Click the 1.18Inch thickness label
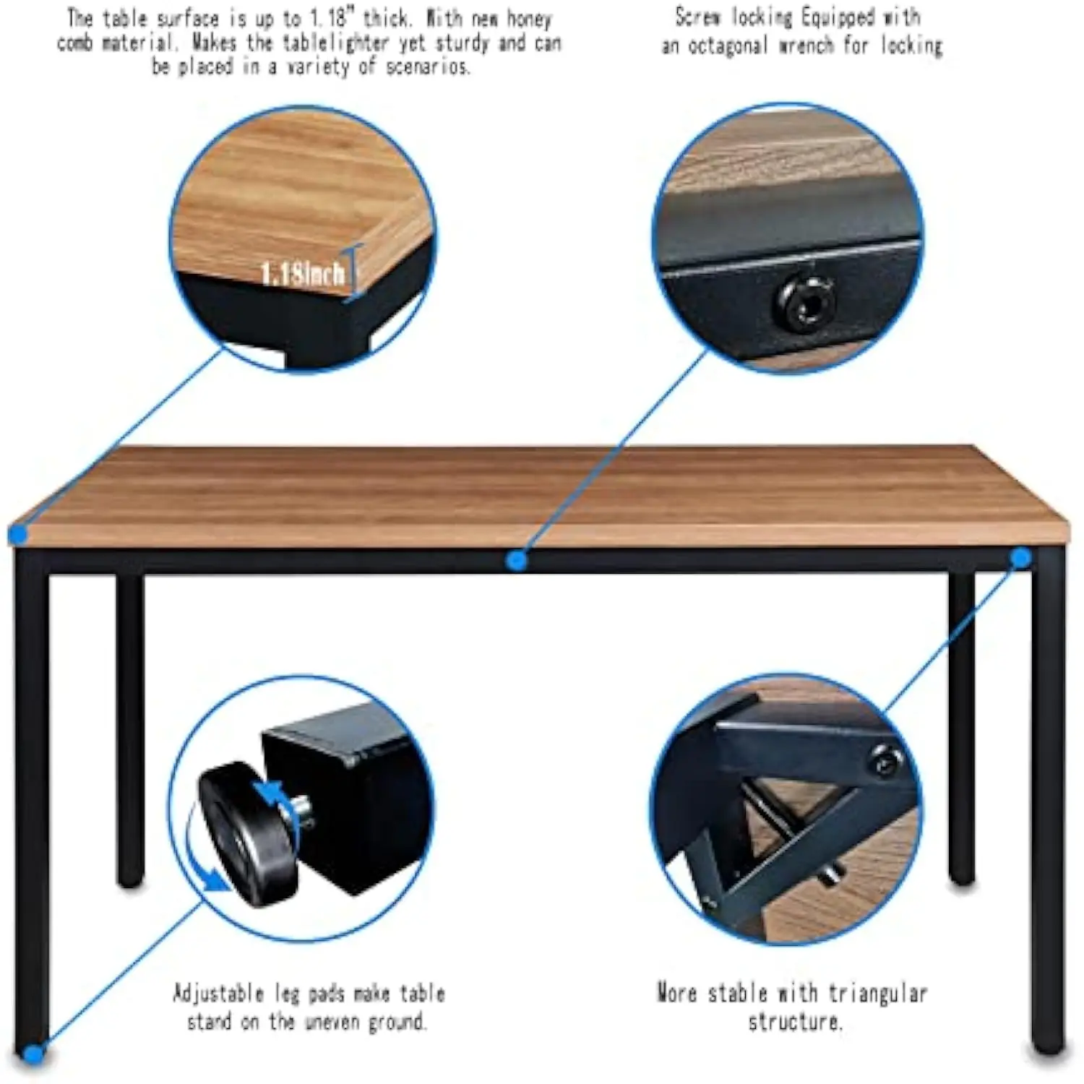(302, 274)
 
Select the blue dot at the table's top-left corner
(18, 535)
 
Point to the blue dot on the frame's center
(516, 560)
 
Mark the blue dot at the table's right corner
(1020, 557)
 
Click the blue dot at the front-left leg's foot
(32, 1054)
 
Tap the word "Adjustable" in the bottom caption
(218, 993)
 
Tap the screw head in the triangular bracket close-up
(886, 760)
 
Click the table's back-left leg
(130, 730)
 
